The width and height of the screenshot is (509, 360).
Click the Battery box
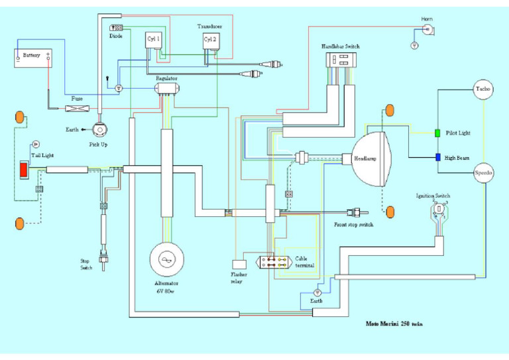34,58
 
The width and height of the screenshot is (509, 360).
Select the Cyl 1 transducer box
154,40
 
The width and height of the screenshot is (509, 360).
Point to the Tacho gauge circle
482,90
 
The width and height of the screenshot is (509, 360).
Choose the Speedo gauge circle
484,173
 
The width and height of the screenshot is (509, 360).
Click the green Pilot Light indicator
438,133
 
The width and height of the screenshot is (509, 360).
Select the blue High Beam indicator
438,157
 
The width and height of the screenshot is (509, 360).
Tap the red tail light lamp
25,170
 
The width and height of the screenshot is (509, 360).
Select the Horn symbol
428,30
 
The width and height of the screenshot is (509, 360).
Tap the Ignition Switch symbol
438,210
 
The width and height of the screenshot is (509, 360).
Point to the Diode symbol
117,29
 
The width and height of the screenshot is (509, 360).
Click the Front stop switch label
353,225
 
